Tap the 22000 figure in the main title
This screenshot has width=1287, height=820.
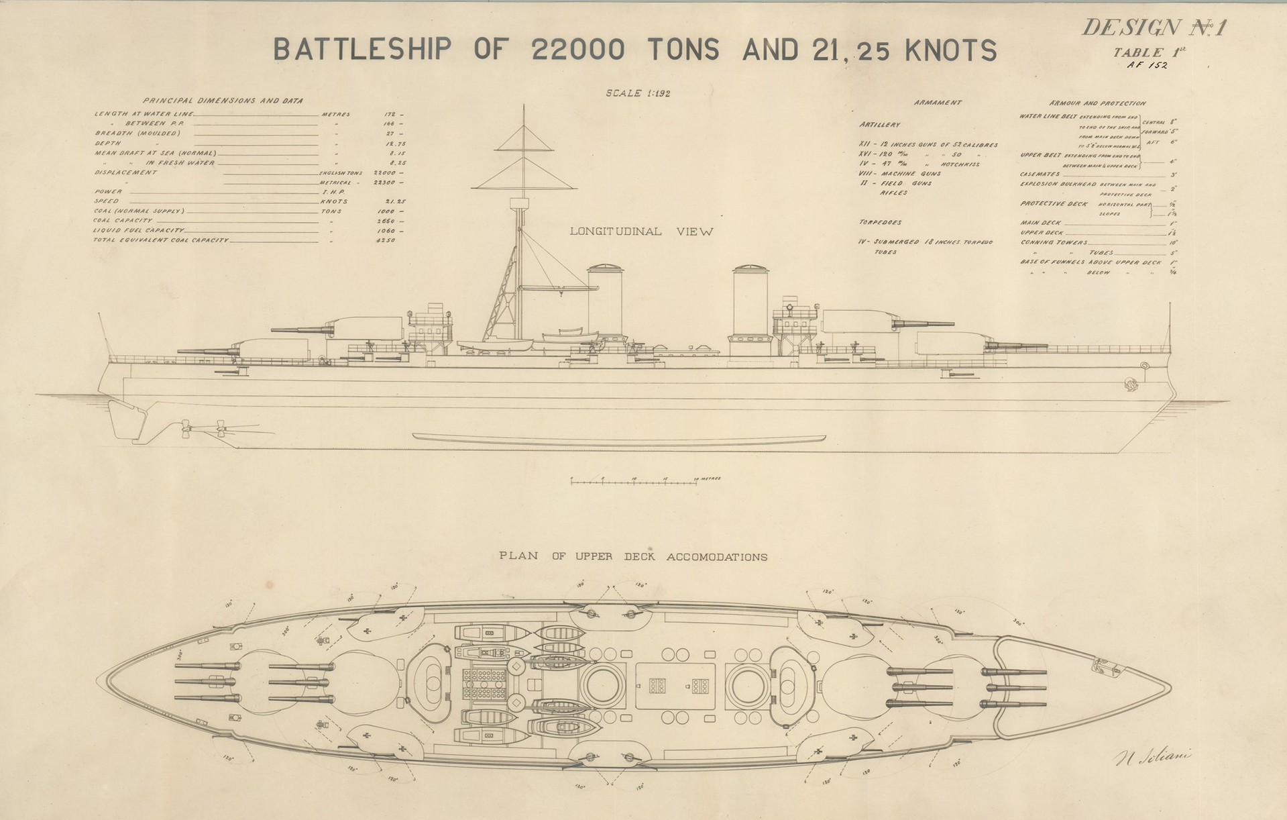[577, 50]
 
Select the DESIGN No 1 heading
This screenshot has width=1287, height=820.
[1154, 28]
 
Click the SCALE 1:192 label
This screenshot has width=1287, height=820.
[638, 93]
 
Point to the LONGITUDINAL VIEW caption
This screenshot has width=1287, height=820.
[641, 232]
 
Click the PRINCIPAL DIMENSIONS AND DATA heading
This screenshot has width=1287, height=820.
[223, 101]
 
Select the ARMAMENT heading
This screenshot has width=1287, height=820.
[937, 103]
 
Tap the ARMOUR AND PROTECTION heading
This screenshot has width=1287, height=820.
[1097, 103]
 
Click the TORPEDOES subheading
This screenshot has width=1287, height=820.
[879, 222]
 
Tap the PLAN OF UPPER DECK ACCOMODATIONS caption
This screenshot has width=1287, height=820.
[633, 557]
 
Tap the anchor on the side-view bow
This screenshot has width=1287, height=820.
[1129, 385]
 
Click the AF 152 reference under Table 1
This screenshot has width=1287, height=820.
[1148, 65]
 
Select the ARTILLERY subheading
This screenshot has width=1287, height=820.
[879, 125]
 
